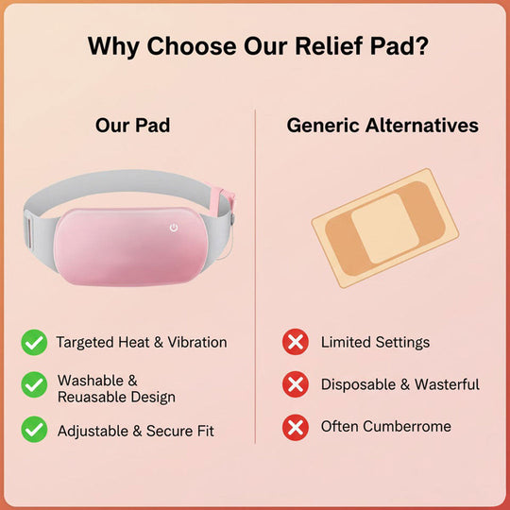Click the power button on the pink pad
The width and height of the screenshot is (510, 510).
(174, 228)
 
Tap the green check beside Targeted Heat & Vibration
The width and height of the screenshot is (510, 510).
(35, 343)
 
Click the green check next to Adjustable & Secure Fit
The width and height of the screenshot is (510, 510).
(35, 430)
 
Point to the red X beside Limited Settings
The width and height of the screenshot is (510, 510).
(297, 342)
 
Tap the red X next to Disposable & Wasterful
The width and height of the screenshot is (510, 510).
(297, 384)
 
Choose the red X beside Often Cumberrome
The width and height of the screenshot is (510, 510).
(297, 427)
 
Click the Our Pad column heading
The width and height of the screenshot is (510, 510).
(132, 126)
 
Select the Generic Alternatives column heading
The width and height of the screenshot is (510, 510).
(382, 126)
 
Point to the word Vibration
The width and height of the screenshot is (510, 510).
(195, 342)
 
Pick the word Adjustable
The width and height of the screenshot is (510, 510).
(94, 431)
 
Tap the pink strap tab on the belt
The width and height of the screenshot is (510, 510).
(226, 199)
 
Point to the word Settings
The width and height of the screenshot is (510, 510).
(400, 342)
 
